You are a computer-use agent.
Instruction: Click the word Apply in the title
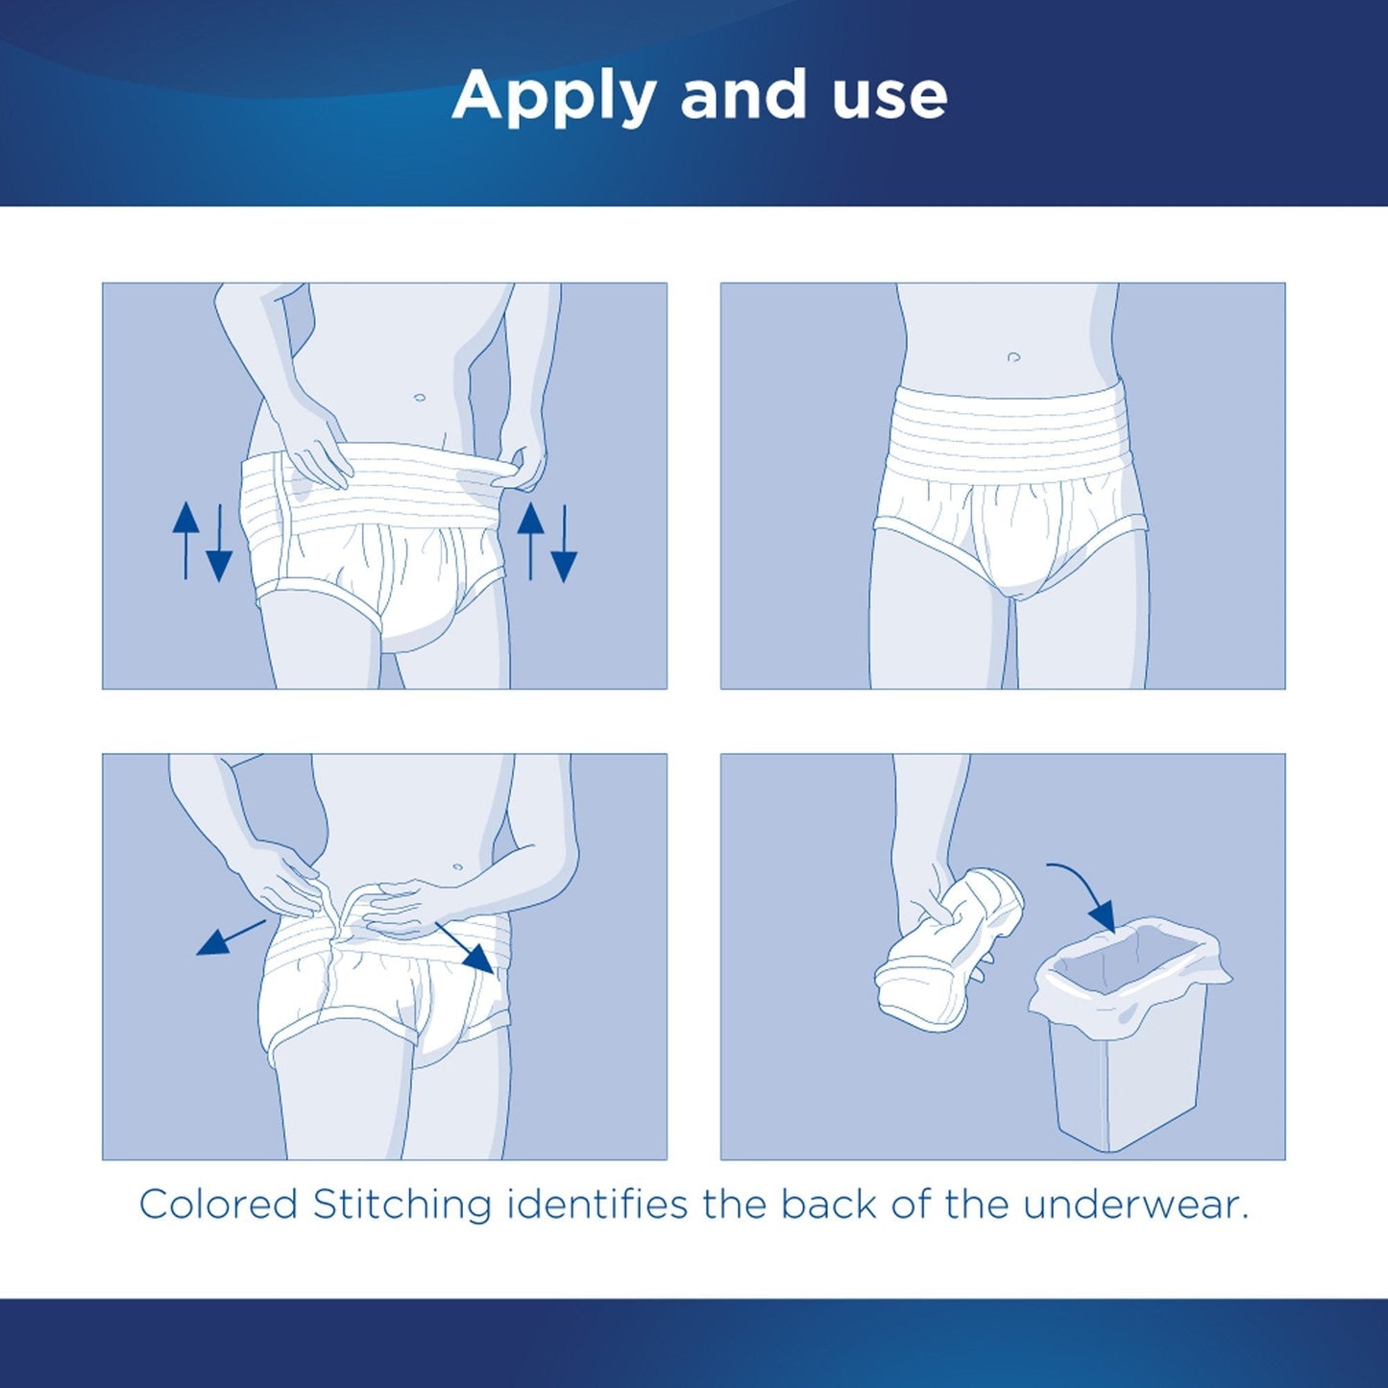[553, 96]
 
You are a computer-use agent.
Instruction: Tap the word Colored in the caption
[218, 1205]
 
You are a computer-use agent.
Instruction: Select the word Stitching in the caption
[402, 1205]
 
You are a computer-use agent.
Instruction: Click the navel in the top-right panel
[1013, 357]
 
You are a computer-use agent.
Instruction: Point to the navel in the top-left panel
[418, 397]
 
